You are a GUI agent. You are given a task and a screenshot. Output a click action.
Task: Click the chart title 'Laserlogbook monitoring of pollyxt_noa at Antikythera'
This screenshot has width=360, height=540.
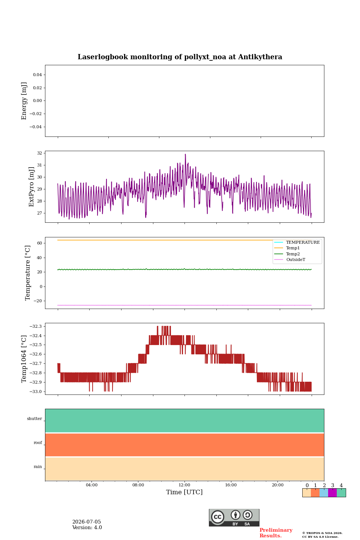pyautogui.click(x=180, y=57)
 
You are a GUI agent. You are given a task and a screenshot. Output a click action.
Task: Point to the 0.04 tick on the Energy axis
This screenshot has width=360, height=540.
pyautogui.click(x=37, y=75)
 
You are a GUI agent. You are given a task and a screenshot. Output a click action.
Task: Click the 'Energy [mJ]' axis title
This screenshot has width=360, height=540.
pyautogui.click(x=24, y=101)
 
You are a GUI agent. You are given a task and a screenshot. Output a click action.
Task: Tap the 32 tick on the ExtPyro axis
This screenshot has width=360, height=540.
pyautogui.click(x=39, y=153)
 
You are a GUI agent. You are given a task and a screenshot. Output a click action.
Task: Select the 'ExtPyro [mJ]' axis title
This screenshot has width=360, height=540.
pyautogui.click(x=31, y=187)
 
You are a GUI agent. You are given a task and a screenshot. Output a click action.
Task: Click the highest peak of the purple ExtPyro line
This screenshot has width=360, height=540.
pyautogui.click(x=185, y=154)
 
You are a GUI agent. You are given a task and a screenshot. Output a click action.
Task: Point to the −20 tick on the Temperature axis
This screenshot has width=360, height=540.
pyautogui.click(x=37, y=301)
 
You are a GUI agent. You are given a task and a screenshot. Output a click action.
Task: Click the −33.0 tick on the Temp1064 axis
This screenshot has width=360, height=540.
pyautogui.click(x=36, y=391)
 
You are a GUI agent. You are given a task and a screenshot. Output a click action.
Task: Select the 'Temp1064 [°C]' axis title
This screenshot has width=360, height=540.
pyautogui.click(x=24, y=359)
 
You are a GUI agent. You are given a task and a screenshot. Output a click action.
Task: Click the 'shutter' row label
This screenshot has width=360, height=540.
pyautogui.click(x=34, y=418)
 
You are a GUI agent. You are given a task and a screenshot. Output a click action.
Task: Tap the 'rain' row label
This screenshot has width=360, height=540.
pyautogui.click(x=38, y=466)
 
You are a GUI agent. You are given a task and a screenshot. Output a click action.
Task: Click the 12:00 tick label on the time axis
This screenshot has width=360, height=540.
pyautogui.click(x=184, y=485)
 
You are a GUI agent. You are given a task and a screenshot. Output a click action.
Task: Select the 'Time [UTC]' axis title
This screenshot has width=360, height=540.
pyautogui.click(x=184, y=492)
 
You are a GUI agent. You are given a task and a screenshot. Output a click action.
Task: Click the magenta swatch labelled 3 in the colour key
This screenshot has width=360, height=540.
pyautogui.click(x=333, y=493)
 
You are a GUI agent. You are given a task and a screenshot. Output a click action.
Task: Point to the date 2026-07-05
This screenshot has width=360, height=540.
pyautogui.click(x=87, y=522)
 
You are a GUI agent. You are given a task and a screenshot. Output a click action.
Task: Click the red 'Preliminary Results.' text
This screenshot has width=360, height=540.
pyautogui.click(x=276, y=533)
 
